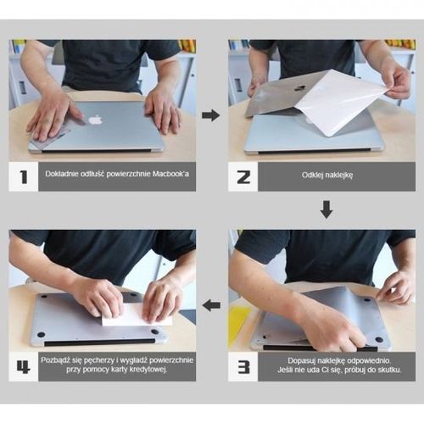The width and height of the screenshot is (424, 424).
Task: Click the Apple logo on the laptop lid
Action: point(95,120)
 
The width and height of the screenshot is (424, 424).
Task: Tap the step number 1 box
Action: point(24,176)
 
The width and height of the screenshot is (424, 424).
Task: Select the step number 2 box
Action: point(243,176)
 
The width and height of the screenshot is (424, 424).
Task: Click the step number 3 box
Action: point(243,366)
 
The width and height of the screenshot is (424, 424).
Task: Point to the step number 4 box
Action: point(24,366)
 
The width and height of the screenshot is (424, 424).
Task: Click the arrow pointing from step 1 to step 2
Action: point(211,114)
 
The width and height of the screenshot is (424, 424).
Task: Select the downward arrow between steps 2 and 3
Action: point(326,209)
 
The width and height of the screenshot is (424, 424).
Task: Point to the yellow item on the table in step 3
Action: point(240,322)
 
